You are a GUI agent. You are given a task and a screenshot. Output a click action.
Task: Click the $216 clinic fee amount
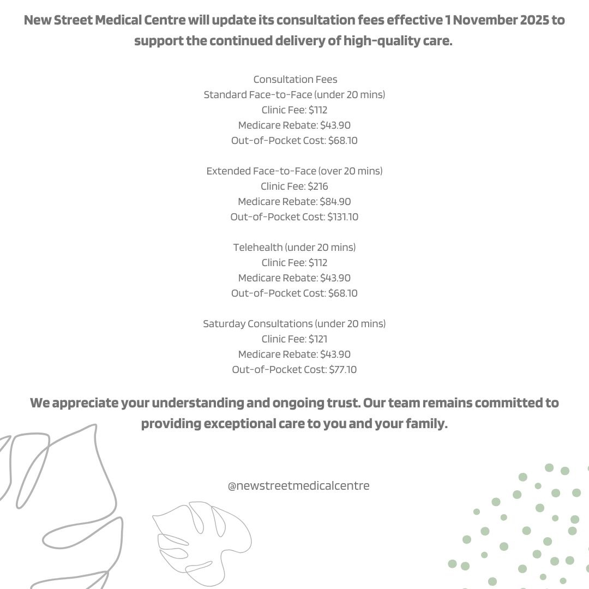pyautogui.click(x=318, y=187)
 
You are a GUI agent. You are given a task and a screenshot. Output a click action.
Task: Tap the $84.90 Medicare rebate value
pyautogui.click(x=335, y=202)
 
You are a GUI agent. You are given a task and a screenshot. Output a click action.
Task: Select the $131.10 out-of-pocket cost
pyautogui.click(x=343, y=217)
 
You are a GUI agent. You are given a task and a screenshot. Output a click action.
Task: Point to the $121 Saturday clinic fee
pyautogui.click(x=318, y=339)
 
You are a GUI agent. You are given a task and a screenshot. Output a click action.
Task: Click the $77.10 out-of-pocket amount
pyautogui.click(x=343, y=370)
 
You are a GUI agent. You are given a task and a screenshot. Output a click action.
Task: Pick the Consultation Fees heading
pyautogui.click(x=295, y=80)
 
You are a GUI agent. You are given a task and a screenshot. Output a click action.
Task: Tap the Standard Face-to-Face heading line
pyautogui.click(x=294, y=95)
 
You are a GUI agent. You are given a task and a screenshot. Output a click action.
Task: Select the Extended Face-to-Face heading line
pyautogui.click(x=294, y=171)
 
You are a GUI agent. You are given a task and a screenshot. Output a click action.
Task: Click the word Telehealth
pyautogui.click(x=258, y=248)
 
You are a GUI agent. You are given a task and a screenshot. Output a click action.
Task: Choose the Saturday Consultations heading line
pyautogui.click(x=294, y=324)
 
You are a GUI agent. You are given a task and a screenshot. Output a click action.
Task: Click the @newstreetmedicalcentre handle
pyautogui.click(x=298, y=485)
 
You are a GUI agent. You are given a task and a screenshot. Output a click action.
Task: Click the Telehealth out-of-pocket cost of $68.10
pyautogui.click(x=343, y=293)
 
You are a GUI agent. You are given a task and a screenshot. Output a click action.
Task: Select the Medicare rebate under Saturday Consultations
pyautogui.click(x=335, y=354)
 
